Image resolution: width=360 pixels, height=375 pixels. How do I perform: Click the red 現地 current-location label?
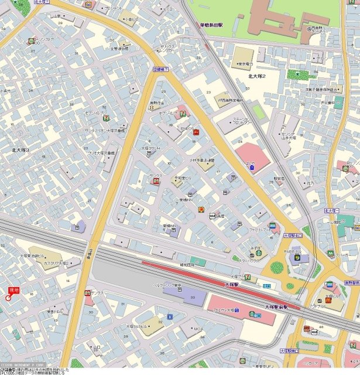coord(13,290)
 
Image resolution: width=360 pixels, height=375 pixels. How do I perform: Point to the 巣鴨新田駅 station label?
coord(212,25)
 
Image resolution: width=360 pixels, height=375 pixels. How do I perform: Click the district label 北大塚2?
coord(257,76)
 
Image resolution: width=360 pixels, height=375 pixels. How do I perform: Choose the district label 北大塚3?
coord(20,151)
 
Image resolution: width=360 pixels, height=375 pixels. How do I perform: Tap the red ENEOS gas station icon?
coord(196,132)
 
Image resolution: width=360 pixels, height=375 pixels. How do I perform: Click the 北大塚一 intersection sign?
coord(332,209)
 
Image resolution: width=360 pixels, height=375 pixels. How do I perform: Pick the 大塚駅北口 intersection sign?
coord(293,236)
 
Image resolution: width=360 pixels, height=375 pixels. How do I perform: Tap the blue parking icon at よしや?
coord(252,167)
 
